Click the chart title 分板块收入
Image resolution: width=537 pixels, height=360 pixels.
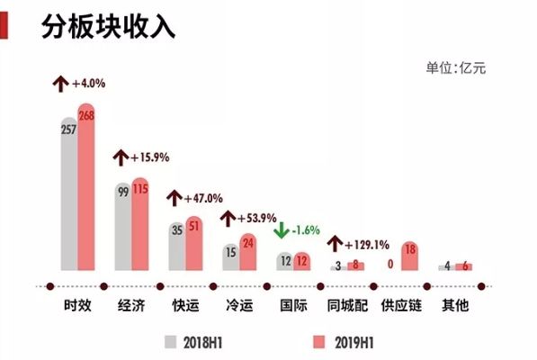107,26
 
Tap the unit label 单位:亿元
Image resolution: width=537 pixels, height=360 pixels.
455,68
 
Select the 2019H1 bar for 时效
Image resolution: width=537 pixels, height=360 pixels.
86,189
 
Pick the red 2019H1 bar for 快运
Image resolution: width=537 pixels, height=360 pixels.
194,243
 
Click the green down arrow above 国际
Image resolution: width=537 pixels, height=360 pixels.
282,230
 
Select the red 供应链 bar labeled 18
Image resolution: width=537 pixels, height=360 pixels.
409,256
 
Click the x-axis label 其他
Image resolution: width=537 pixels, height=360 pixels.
453,305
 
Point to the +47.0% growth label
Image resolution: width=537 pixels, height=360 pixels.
201,198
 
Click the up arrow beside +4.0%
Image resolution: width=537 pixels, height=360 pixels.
61,84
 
